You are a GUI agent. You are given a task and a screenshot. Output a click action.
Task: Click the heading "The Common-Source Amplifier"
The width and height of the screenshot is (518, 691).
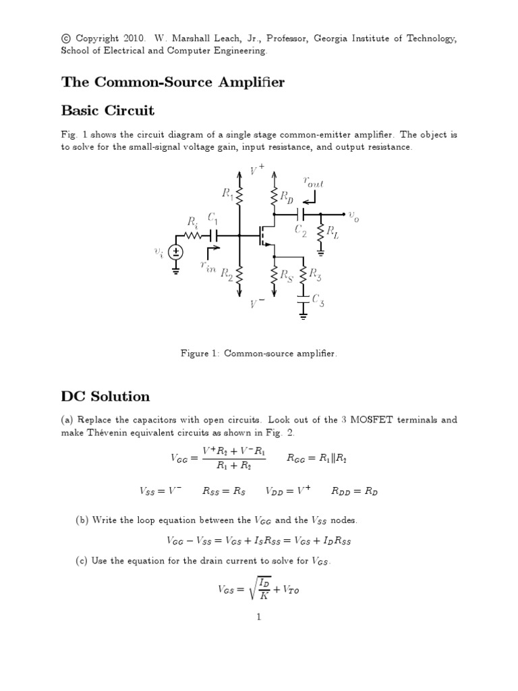pyautogui.click(x=173, y=82)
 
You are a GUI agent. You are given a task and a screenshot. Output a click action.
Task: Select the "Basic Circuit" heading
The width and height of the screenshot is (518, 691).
pyautogui.click(x=108, y=110)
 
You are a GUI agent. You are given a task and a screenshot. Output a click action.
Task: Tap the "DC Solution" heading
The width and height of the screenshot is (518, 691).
pyautogui.click(x=105, y=396)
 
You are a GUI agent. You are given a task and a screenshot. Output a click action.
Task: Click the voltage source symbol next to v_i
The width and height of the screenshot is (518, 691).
pyautogui.click(x=176, y=253)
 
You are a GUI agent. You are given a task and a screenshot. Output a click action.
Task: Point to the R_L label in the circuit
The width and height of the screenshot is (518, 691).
pyautogui.click(x=334, y=233)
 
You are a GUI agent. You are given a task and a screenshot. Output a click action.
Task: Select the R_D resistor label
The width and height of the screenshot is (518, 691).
pyautogui.click(x=287, y=198)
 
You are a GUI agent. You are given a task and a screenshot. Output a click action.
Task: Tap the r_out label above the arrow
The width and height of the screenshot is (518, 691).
pyautogui.click(x=314, y=182)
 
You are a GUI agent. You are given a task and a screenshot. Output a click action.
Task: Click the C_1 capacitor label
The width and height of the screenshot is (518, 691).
pyautogui.click(x=213, y=219)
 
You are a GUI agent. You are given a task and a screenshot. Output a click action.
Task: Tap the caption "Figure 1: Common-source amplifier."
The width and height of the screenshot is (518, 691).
pyautogui.click(x=259, y=353)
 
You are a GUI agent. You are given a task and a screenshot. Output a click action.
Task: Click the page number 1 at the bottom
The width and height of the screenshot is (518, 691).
pyautogui.click(x=259, y=616)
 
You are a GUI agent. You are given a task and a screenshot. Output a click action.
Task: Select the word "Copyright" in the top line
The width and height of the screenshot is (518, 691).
pyautogui.click(x=97, y=38)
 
